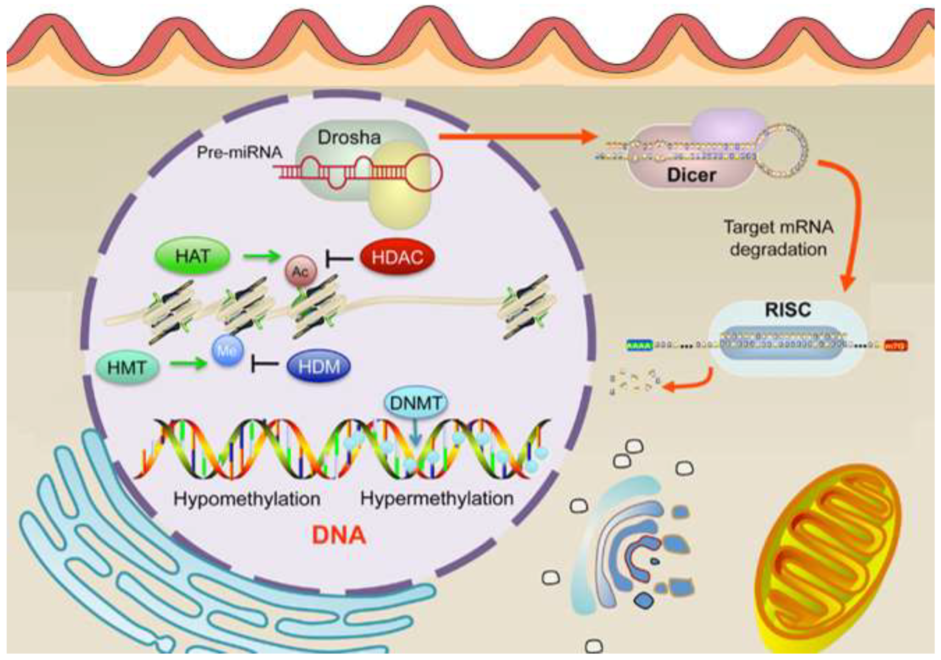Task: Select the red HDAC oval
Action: point(397,257)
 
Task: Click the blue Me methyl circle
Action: point(227,350)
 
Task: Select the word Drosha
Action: point(349,137)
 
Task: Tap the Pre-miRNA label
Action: point(239,152)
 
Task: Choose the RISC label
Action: point(788,309)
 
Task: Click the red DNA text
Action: point(338,535)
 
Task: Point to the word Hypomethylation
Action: point(247,499)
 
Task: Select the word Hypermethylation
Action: point(437,499)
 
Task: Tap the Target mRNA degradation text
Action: point(778,238)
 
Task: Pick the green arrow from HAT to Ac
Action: point(261,257)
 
